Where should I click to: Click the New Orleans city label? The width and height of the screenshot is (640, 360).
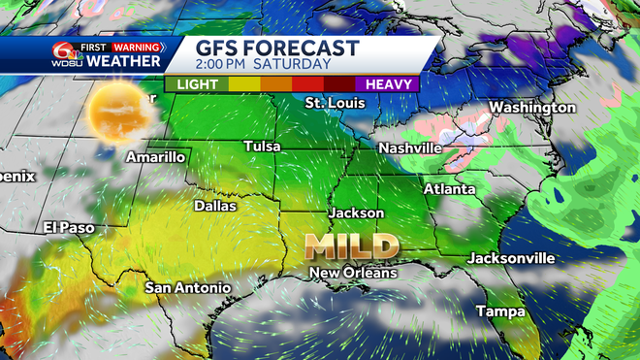coord(353,274)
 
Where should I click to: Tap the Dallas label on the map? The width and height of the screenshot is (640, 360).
coord(215,206)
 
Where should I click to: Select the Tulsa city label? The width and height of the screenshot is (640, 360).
coord(262,147)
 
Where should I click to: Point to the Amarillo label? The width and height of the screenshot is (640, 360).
coord(155,156)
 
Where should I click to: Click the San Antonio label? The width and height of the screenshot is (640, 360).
coord(188,288)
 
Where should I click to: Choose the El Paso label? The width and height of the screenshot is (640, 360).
coord(69,227)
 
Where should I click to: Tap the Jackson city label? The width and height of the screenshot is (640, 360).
coord(357,213)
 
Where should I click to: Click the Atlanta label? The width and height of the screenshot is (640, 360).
coord(449,189)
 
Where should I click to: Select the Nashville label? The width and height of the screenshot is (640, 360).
coord(409,147)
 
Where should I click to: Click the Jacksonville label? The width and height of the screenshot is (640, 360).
coord(511,258)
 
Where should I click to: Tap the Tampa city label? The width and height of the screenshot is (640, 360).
coord(500,311)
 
